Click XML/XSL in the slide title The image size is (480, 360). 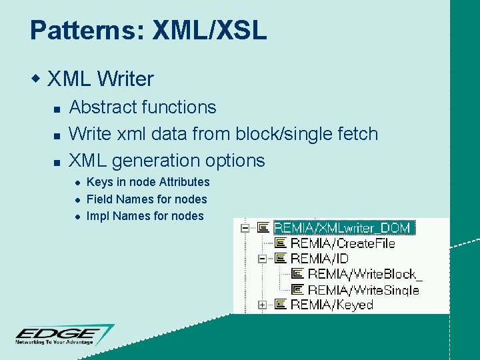tap(209, 31)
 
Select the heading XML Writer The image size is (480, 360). tap(101, 79)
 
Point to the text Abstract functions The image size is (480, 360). tap(143, 107)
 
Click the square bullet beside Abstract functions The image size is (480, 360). tap(57, 108)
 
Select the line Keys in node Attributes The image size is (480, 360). tap(148, 182)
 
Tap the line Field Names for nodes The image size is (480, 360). tap(147, 199)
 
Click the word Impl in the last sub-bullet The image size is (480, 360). tap(97, 216)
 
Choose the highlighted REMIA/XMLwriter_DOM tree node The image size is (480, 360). tap(344, 227)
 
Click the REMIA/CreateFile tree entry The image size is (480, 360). tap(343, 243)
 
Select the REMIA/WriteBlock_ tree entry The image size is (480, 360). tap(365, 274)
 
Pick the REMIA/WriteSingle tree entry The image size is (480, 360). tap(363, 289)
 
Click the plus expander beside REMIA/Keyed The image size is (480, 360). tap(262, 305)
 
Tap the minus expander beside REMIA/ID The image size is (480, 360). tap(262, 259)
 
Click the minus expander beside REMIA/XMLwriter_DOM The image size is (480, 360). tap(245, 227)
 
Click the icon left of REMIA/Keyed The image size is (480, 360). tap(280, 305)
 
